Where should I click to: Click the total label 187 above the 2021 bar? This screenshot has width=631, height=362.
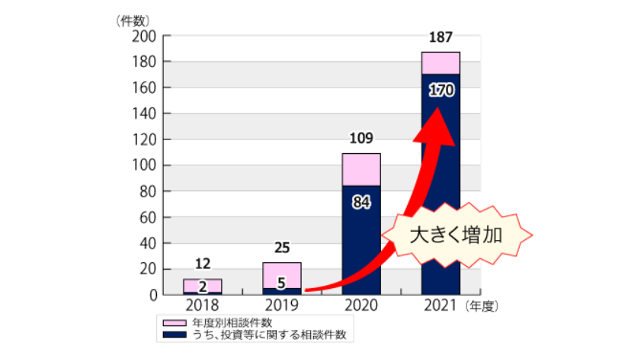coord(440,39)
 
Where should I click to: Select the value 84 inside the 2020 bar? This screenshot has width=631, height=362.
coord(361,203)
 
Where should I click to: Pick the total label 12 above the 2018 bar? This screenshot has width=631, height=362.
coord(203,264)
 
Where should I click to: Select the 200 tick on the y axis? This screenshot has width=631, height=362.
coord(144,37)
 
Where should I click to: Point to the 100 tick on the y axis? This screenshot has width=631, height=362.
coord(144,165)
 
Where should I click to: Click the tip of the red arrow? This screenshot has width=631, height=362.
coord(439,108)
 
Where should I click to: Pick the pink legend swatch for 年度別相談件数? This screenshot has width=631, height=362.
coord(173,322)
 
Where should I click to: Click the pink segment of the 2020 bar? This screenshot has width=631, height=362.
coord(361,169)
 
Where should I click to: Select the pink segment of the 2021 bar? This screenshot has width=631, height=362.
coord(440,62)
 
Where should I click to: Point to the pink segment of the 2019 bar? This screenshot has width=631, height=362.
coord(282,274)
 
